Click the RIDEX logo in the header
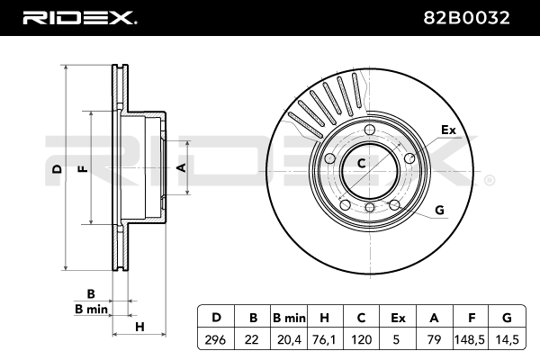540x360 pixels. [80, 18]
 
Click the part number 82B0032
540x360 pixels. [466, 18]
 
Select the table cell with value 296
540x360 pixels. [215, 340]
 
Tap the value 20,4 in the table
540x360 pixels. [289, 340]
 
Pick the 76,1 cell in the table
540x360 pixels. [324, 340]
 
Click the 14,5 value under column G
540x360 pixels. [507, 340]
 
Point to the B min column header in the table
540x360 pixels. [289, 318]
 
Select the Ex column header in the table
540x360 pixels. [398, 318]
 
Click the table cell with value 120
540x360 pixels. [361, 340]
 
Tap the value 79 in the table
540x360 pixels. [434, 340]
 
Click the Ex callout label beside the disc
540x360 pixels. [448, 130]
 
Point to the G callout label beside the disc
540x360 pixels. [439, 210]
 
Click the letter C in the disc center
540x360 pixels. [361, 163]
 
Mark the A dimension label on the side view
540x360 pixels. [181, 167]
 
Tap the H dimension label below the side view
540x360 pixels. [139, 327]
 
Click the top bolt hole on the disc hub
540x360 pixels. [370, 130]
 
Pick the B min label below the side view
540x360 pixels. [91, 309]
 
